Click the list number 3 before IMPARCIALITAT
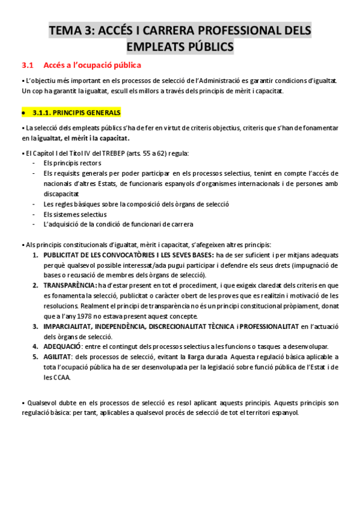[35, 326]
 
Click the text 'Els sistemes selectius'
[75, 214]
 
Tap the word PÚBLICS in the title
[209, 46]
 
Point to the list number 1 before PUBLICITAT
[35, 254]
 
